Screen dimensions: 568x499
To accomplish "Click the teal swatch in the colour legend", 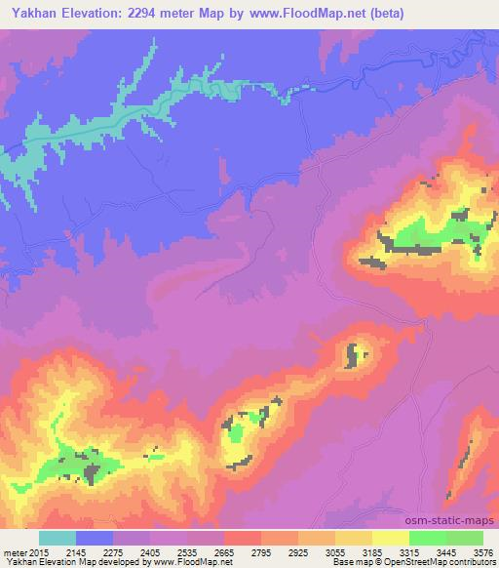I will point(58,537).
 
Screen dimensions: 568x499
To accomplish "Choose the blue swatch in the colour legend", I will point(95,537).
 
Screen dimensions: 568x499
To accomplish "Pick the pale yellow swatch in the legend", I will point(390,537).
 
